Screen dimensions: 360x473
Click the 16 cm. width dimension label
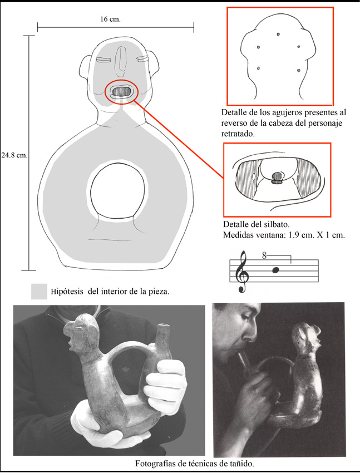[x=110, y=19]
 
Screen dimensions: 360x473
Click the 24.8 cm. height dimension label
[x=14, y=156]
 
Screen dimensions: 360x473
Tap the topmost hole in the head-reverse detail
[x=278, y=34]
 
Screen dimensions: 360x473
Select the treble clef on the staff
[x=243, y=272]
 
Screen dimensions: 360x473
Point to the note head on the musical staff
[x=275, y=270]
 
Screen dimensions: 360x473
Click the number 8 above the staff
[x=264, y=256]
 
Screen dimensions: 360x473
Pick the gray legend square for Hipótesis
[x=39, y=292]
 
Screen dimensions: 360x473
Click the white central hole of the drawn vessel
[x=117, y=191]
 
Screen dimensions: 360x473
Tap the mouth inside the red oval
[x=121, y=91]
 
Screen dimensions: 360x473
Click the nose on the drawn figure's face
[x=121, y=60]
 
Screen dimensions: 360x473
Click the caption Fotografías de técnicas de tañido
[x=194, y=464]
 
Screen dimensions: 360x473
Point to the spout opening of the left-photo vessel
[x=163, y=326]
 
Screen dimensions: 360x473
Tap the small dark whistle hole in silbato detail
[x=277, y=176]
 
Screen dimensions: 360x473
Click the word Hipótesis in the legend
[x=67, y=292]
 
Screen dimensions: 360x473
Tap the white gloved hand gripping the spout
[x=165, y=386]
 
